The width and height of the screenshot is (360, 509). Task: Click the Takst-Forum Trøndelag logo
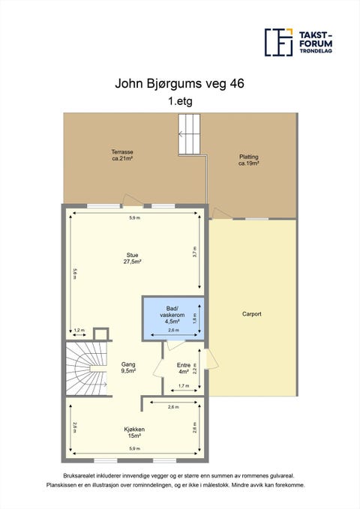pos(298,42)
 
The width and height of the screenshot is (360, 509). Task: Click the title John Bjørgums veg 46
pos(179,84)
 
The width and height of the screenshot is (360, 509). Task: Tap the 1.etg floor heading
pos(180,101)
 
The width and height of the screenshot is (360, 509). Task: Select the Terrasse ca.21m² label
pos(122,155)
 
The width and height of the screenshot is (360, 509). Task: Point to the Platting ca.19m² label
pos(248,160)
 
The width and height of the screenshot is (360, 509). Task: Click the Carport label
pos(252,314)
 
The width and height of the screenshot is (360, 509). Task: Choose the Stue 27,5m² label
pos(132,259)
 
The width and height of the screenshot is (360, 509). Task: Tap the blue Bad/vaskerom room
pos(173,318)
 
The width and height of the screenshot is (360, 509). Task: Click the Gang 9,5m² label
pos(128,367)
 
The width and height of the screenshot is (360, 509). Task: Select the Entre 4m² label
pos(184,368)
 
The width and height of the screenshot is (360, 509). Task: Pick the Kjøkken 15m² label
pos(134,433)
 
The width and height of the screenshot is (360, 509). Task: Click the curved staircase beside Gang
pos(86,368)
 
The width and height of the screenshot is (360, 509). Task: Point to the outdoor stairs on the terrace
pos(189,134)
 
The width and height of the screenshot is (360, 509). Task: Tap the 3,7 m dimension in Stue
pos(194,251)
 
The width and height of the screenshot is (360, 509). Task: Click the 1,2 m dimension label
pos(79,330)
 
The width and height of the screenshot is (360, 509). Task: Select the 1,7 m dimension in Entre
pos(184,385)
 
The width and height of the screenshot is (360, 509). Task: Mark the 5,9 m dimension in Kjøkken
pos(134,448)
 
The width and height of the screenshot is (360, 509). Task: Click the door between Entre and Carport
pos(211,360)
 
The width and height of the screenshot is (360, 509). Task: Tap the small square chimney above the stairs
pos(100,334)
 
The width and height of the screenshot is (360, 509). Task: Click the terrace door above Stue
pos(133,200)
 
